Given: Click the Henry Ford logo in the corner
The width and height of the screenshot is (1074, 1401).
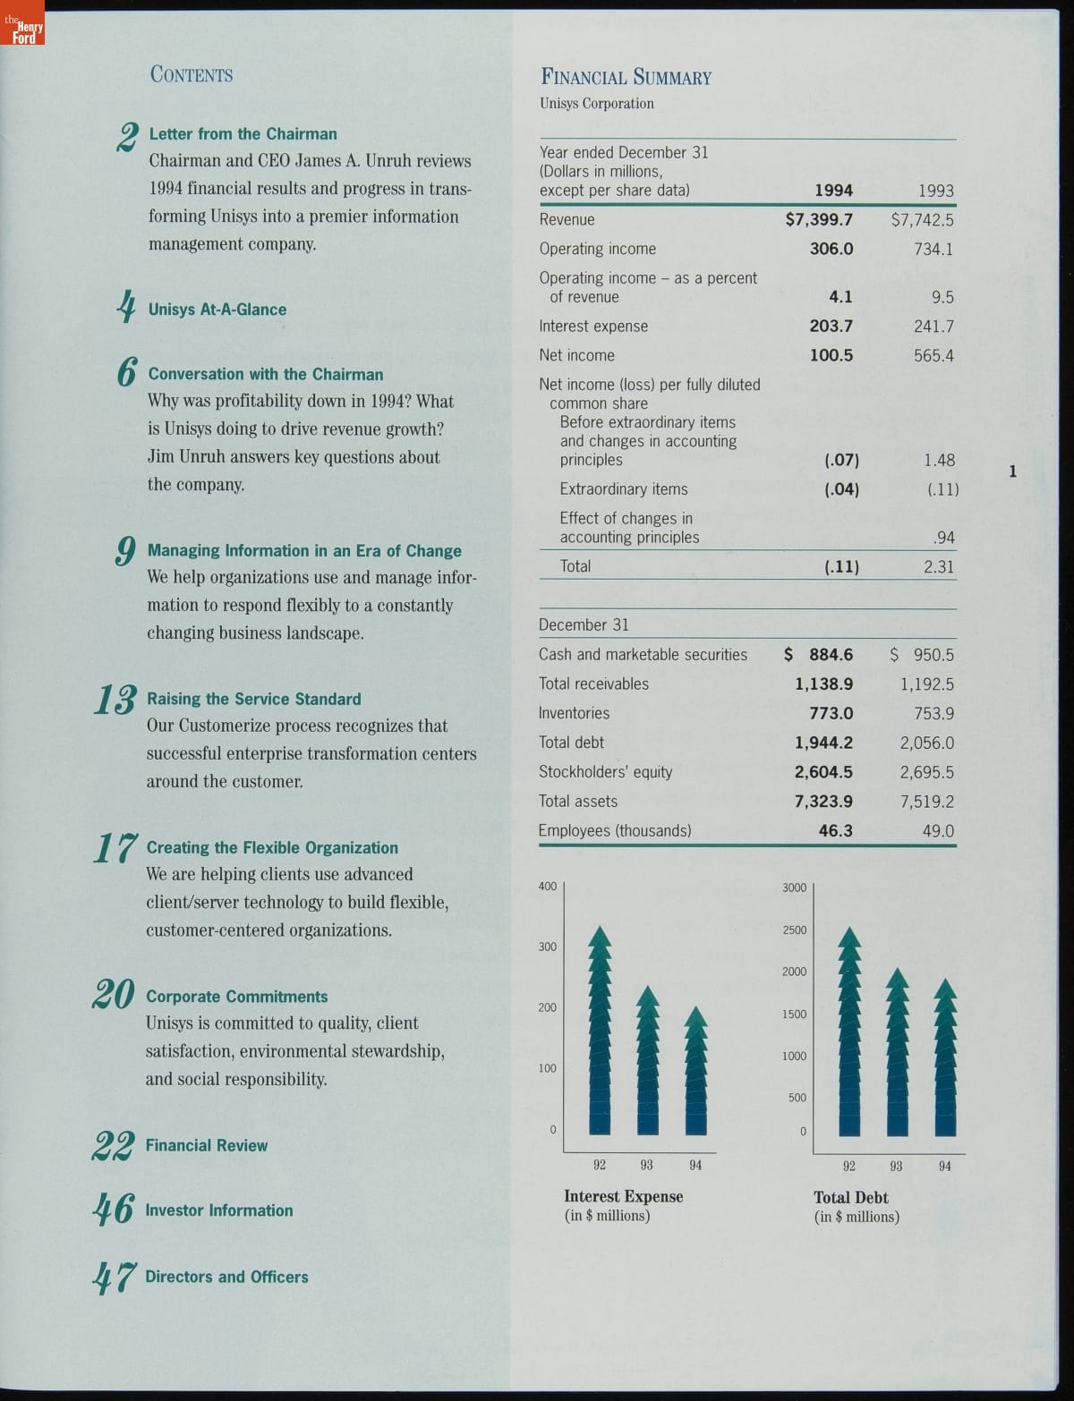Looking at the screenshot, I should (x=22, y=31).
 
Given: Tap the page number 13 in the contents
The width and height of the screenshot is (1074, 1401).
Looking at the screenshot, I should (x=115, y=700).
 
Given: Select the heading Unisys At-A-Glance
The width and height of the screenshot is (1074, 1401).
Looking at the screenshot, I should (x=217, y=310).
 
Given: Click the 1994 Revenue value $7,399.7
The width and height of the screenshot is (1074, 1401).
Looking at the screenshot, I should (x=819, y=219).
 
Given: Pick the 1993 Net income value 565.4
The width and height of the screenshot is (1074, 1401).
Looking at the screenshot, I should (x=933, y=355).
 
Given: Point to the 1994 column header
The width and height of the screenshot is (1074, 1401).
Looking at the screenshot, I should (x=833, y=191).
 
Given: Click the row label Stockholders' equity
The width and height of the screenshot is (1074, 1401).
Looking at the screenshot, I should (x=605, y=771).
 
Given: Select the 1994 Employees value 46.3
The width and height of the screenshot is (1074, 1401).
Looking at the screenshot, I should (x=835, y=830).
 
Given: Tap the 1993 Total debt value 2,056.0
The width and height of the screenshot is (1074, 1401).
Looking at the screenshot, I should (x=926, y=743).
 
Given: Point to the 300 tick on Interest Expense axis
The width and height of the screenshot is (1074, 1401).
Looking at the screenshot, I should (x=547, y=947).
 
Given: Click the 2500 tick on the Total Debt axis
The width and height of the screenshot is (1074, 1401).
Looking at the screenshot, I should (x=794, y=930).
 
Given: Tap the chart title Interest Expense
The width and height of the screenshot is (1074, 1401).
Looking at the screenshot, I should (x=623, y=1196).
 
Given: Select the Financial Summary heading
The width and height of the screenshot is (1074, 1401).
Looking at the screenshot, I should (x=626, y=77).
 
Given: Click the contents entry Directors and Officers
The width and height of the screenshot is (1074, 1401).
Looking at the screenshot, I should (x=226, y=1277).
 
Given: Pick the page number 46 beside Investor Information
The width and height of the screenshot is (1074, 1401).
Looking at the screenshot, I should (x=114, y=1210).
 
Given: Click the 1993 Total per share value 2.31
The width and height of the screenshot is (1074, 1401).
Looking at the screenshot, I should (x=939, y=566).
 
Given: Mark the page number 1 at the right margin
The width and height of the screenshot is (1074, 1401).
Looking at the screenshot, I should (x=1012, y=471).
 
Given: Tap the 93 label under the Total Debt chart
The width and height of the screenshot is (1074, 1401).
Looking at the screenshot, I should (x=896, y=1166).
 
